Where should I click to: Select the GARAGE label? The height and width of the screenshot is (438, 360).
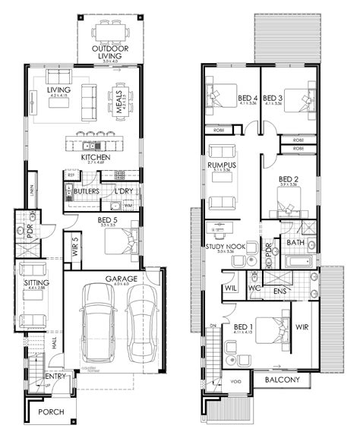point(121,278)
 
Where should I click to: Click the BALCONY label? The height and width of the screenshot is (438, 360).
point(283,380)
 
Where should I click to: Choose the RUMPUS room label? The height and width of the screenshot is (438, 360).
point(223,165)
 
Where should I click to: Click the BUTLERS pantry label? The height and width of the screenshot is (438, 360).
point(87,193)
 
